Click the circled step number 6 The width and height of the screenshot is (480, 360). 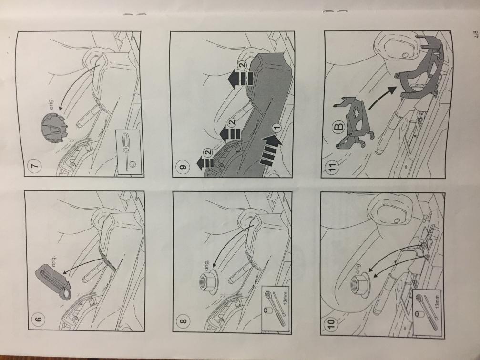[39, 320]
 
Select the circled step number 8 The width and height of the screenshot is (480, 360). [184, 321]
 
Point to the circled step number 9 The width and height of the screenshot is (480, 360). [183, 167]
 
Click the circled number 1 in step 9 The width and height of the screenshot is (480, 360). [276, 127]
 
